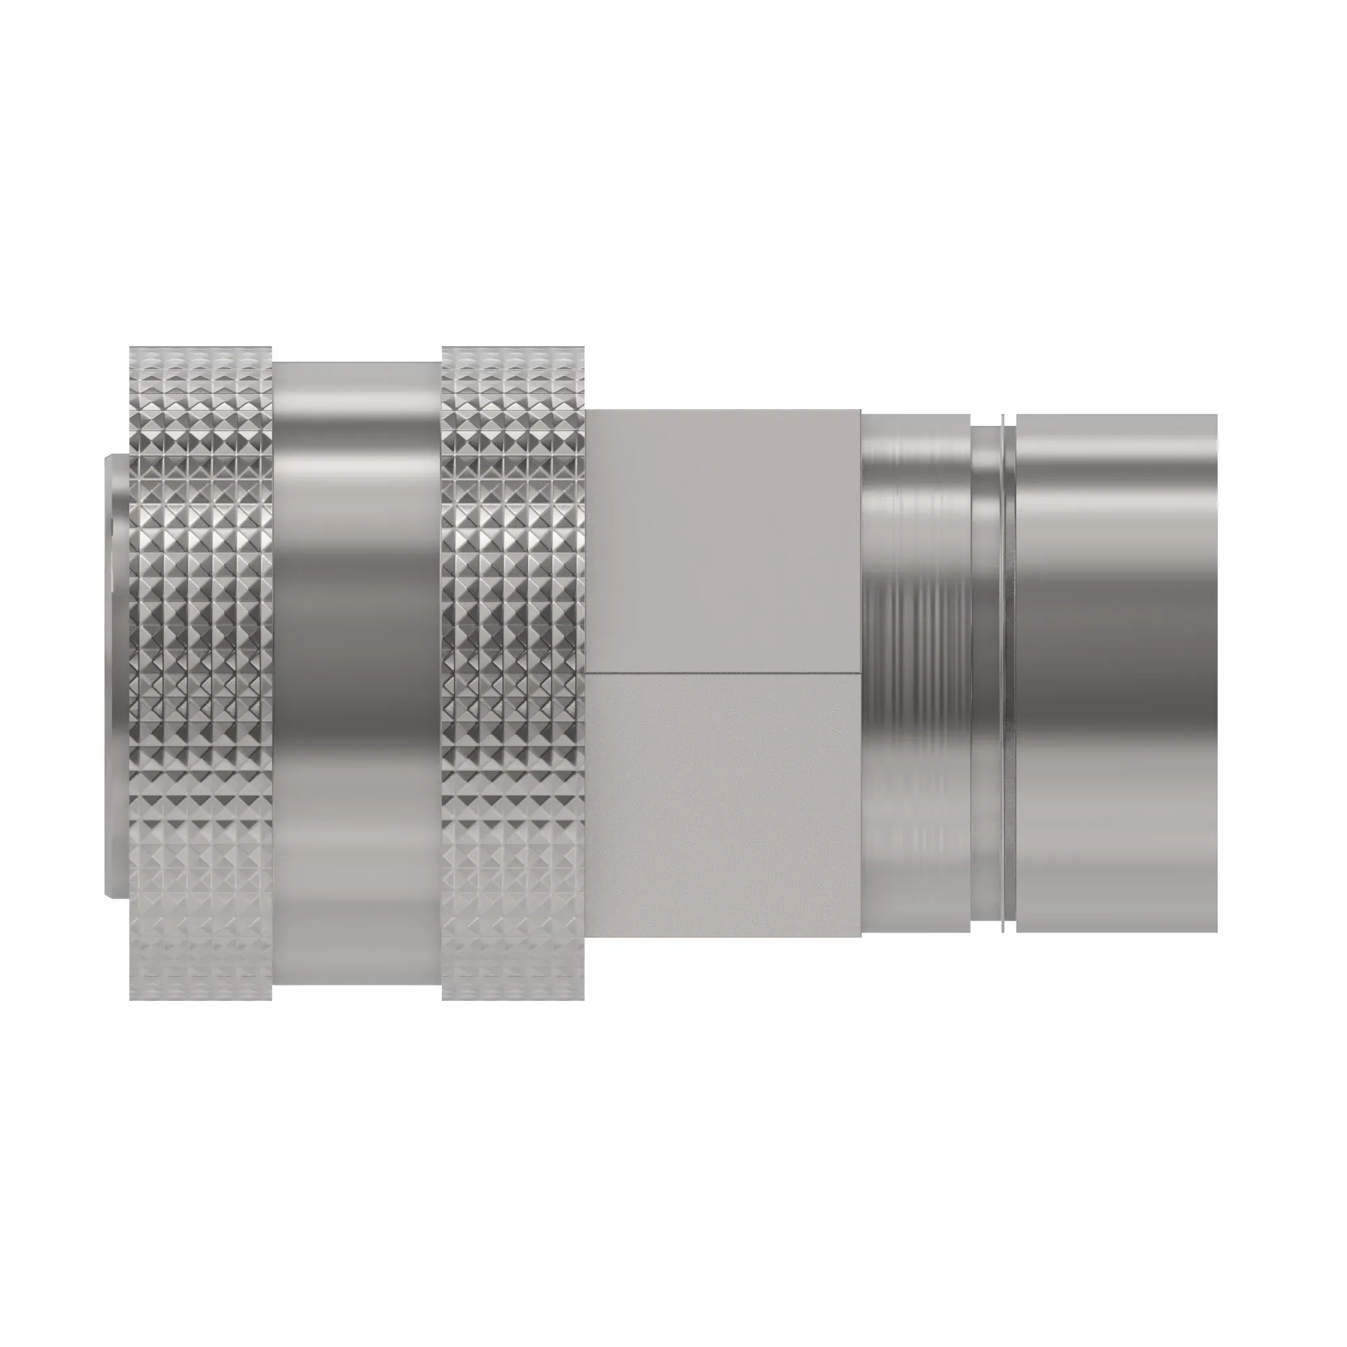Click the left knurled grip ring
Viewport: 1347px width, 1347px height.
[x=201, y=673]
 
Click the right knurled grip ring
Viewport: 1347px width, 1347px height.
[x=513, y=673]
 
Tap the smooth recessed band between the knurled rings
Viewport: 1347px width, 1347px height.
[x=357, y=673]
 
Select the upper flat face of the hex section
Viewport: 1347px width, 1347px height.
[x=723, y=541]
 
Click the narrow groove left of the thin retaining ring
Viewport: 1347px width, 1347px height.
[x=986, y=673]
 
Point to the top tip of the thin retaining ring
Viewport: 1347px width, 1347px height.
[x=1004, y=416]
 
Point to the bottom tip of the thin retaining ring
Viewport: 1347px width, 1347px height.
[x=1004, y=932]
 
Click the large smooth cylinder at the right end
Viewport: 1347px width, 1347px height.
[x=1115, y=673]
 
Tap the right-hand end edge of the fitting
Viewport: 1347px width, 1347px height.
[x=1216, y=673]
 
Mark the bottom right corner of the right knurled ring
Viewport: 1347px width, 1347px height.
[x=583, y=998]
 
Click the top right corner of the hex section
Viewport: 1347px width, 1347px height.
[x=859, y=411]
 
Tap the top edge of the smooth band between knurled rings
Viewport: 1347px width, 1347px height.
[x=357, y=362]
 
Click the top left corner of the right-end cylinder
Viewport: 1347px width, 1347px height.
[x=1018, y=416]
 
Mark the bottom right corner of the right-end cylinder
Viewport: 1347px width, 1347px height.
[x=1216, y=931]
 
